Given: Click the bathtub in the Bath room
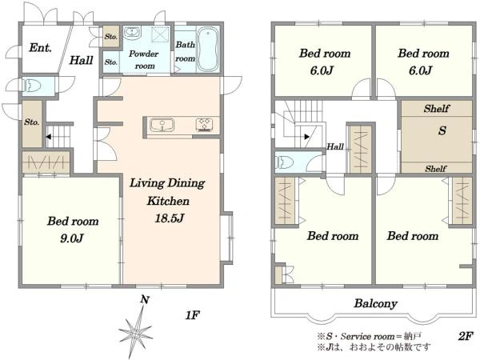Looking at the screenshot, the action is pos(208,50).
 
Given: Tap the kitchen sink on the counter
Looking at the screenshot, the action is pos(162,125).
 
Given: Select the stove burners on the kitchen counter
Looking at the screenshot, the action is pos(204,125).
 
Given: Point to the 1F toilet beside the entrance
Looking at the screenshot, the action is pos(30,86).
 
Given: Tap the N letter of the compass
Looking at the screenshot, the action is pos(145,299).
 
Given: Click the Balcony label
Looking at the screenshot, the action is pos(376,303).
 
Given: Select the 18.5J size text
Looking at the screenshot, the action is pos(169,218).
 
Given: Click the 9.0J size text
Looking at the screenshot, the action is pos(72,238).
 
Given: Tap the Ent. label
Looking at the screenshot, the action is pos(40,48).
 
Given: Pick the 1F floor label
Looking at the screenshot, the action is pos(192,315).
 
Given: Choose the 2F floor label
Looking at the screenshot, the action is pos(466,337).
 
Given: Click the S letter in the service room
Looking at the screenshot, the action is pos(442,130).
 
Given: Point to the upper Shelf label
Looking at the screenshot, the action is pos(437,108).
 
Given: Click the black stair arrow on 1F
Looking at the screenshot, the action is pos(48,137).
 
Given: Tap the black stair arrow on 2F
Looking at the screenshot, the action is pos(307,137).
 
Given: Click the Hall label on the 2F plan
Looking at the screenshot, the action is pos(335,146).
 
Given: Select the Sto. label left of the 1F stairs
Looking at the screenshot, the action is pos(32,122).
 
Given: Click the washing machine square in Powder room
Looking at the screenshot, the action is pos(160,34).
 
